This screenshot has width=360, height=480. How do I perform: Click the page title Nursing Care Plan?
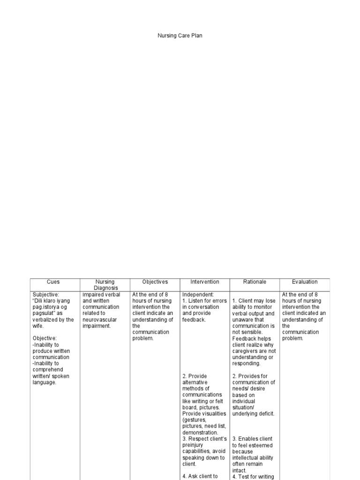(180, 36)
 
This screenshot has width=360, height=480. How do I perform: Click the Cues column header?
(53, 282)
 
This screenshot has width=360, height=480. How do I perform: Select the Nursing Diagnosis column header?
(105, 285)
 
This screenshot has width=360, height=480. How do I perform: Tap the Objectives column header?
(155, 282)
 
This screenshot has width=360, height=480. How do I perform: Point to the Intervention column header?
(204, 282)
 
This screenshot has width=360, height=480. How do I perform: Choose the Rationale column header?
(255, 282)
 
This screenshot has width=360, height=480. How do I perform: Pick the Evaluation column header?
(305, 282)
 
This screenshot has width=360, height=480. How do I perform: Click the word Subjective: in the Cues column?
(46, 294)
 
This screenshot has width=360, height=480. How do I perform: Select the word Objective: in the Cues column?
(45, 338)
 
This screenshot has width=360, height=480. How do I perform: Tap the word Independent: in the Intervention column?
(198, 294)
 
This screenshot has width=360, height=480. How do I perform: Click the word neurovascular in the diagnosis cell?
(99, 320)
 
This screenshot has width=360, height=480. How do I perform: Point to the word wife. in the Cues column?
(39, 326)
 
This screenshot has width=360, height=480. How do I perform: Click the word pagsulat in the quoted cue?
(44, 313)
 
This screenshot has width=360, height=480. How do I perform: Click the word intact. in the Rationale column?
(240, 470)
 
